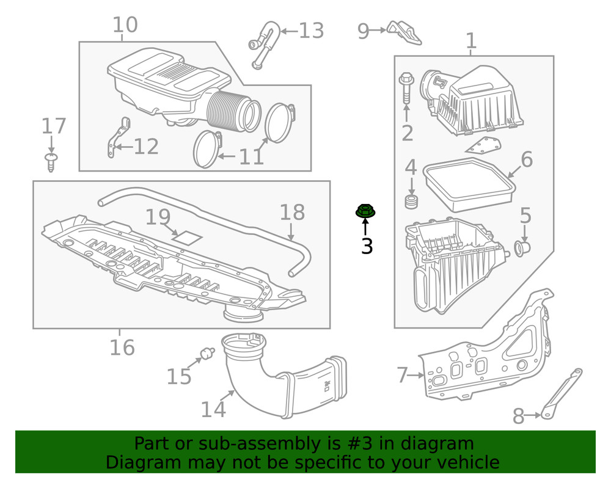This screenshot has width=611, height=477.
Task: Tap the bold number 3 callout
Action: click(367, 246)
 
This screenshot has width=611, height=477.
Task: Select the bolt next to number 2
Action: click(406, 89)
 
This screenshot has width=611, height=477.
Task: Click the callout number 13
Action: click(310, 31)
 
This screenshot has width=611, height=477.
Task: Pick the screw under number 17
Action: click(51, 162)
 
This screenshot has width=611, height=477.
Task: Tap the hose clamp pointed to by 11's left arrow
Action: click(207, 148)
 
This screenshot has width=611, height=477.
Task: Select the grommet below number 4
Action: click(411, 202)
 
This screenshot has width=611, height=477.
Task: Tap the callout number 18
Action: click(291, 213)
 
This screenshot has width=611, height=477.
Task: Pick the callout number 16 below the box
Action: click(122, 348)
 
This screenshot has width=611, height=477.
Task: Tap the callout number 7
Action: click(401, 375)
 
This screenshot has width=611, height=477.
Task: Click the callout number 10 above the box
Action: click(125, 25)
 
